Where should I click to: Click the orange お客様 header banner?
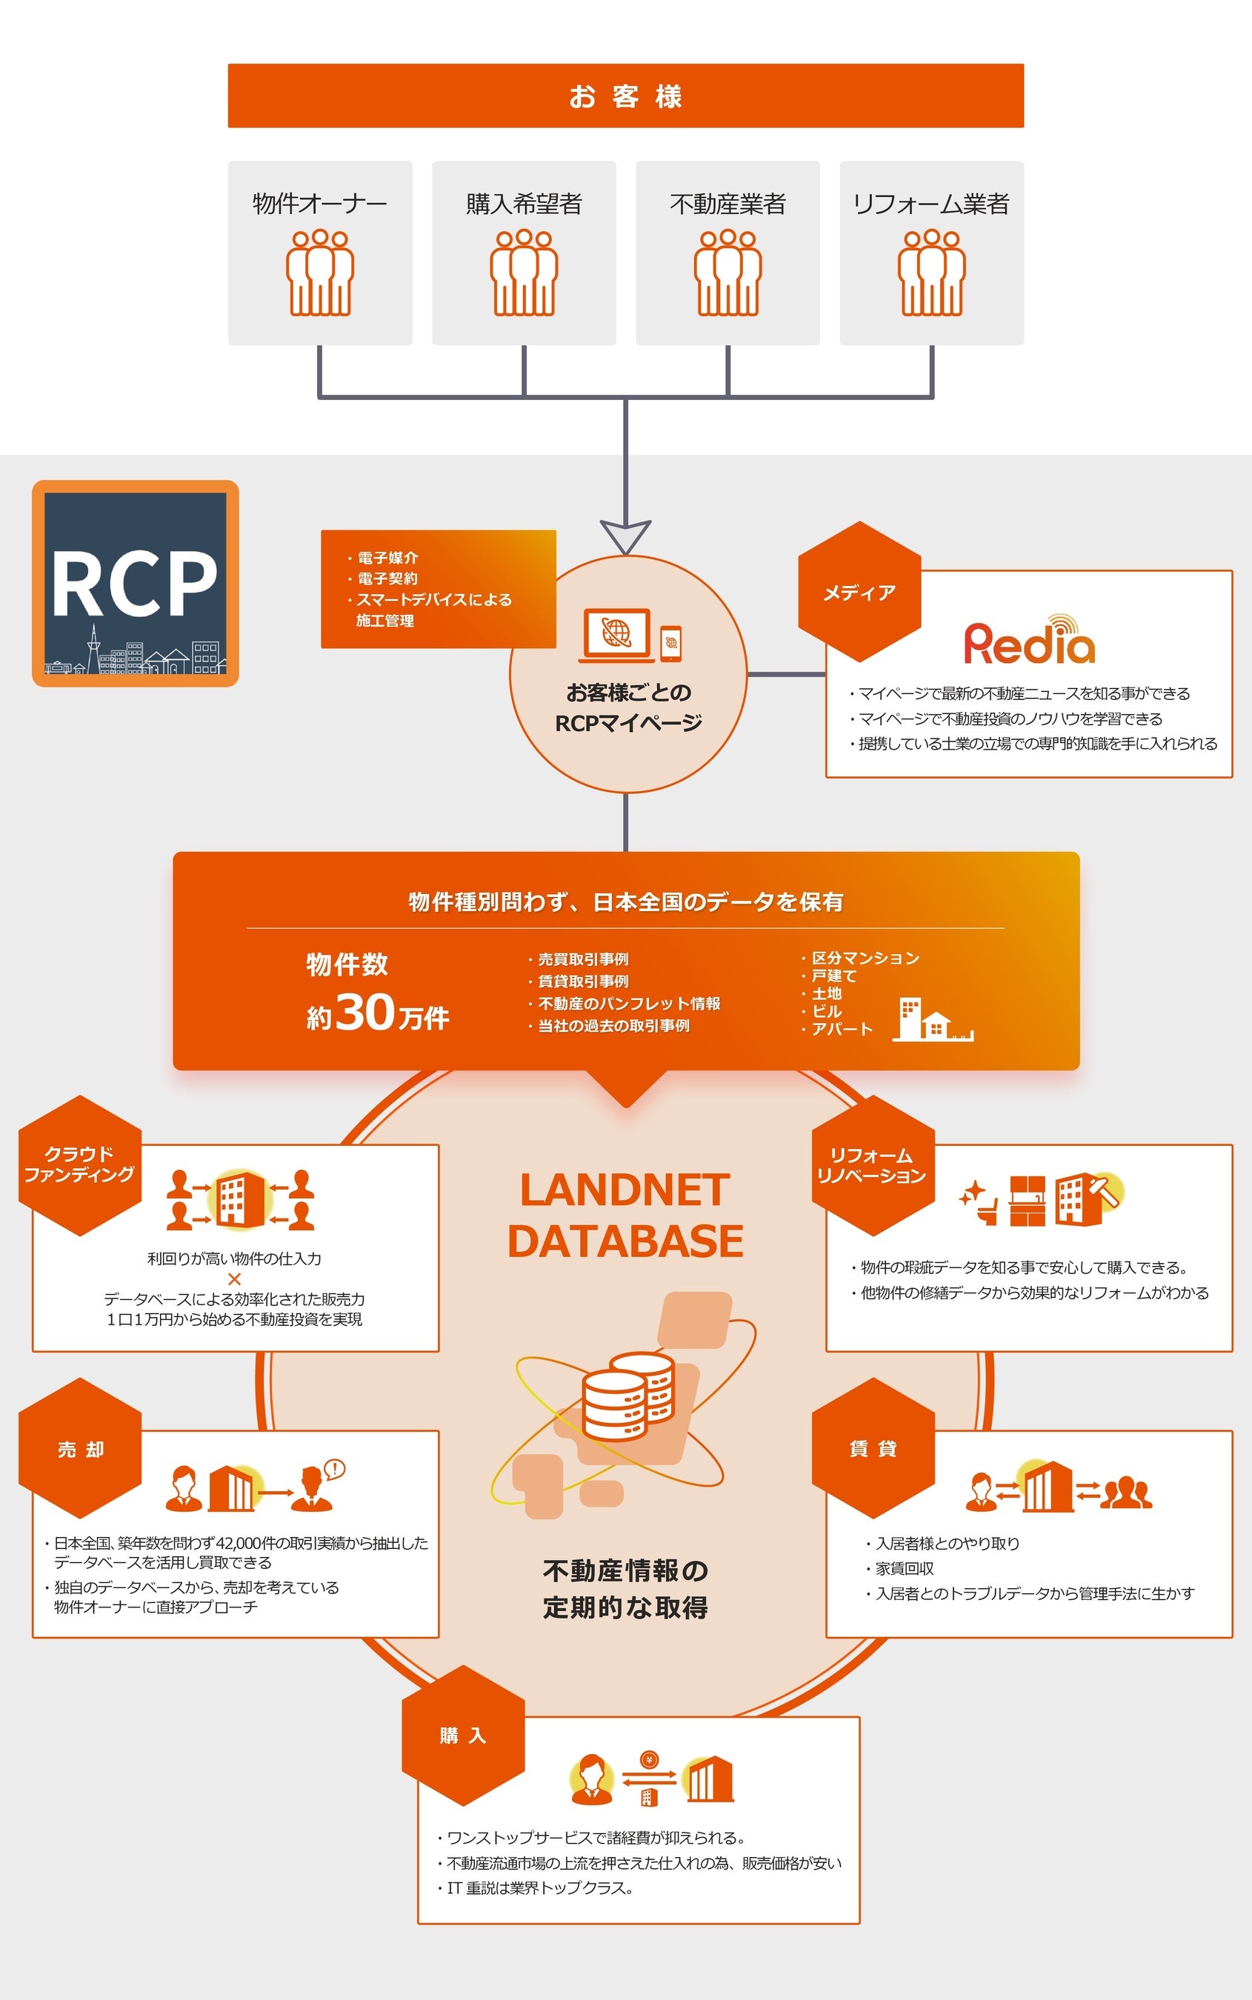point(625,96)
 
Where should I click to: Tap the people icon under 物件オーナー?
point(319,273)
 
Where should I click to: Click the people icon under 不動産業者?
point(727,273)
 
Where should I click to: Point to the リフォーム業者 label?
point(930,204)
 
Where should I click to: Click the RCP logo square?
point(135,584)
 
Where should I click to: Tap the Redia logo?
point(1028,641)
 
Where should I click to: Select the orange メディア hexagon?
point(859,592)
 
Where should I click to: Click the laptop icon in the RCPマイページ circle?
point(617,635)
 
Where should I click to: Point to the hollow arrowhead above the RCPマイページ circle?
point(625,536)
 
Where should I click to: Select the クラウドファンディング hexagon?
point(79,1164)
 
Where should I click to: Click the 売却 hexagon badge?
point(80,1449)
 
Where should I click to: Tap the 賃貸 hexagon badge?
point(873,1448)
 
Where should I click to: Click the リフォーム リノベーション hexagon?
point(872,1164)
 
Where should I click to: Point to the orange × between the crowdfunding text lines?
point(234,1279)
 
